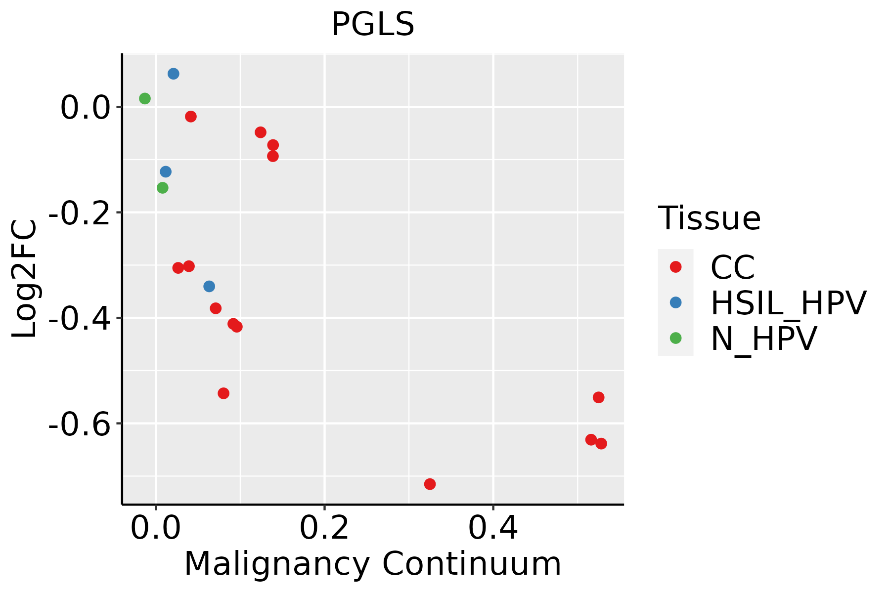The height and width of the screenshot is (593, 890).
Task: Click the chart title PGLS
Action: tap(373, 25)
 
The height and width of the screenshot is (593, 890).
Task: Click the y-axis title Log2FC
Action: tap(25, 279)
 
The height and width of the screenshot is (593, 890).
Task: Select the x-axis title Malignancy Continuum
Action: tap(373, 564)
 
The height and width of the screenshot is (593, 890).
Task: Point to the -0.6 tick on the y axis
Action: tap(79, 424)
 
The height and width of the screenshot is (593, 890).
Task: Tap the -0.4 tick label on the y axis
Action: tap(79, 318)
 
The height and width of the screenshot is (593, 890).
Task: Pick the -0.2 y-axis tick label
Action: tap(79, 213)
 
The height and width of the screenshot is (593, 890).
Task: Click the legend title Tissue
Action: tap(709, 218)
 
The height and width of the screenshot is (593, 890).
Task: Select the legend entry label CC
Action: tap(733, 267)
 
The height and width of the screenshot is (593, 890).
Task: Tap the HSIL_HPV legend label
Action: tap(788, 303)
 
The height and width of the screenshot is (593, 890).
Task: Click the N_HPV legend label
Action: tap(763, 339)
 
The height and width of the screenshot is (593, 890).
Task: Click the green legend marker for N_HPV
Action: tap(675, 338)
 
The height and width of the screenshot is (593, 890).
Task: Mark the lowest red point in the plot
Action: tap(430, 484)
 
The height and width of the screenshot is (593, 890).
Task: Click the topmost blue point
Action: tap(173, 74)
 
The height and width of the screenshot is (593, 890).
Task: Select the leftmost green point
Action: tap(144, 98)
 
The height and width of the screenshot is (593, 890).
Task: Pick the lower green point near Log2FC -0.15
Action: tap(162, 188)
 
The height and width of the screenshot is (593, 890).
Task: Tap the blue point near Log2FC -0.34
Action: tap(209, 286)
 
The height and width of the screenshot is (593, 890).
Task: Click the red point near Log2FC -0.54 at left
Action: tap(223, 393)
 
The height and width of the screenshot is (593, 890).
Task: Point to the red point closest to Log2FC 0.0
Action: tap(191, 117)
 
